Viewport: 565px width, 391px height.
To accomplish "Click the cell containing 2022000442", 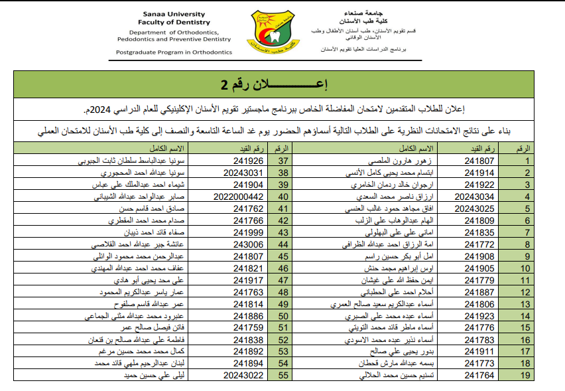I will pyautogui.click(x=240, y=196).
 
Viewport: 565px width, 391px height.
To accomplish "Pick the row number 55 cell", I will pyautogui.click(x=284, y=376).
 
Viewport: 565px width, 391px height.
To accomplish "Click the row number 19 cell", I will pyautogui.click(x=527, y=376).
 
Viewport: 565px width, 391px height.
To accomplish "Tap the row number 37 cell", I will pyautogui.click(x=284, y=161).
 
